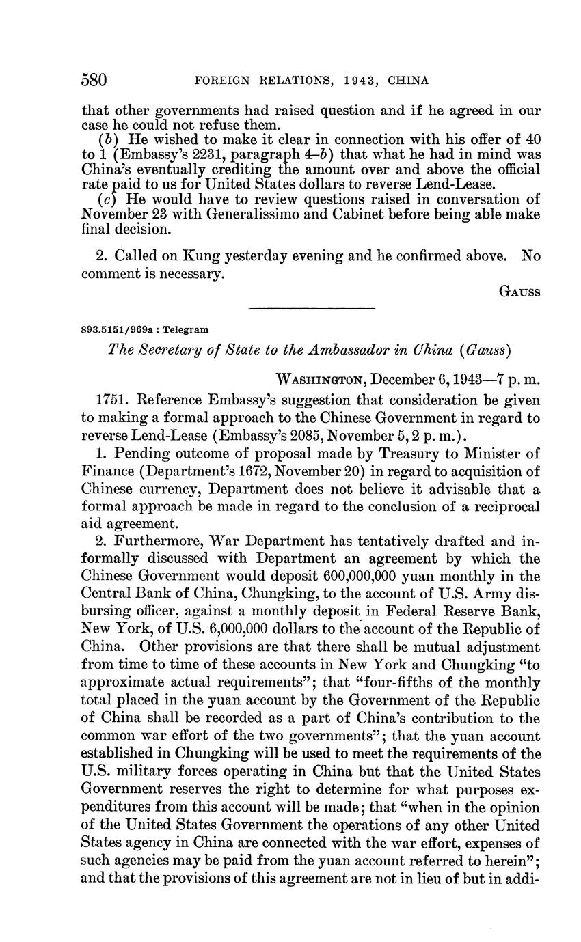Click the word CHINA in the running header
point(408,81)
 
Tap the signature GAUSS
point(519,292)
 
